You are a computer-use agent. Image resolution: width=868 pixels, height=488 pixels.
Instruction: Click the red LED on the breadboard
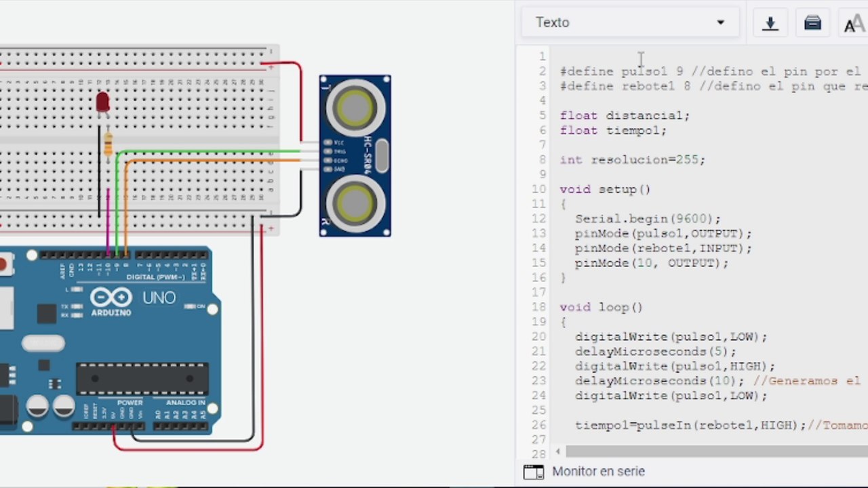click(x=102, y=102)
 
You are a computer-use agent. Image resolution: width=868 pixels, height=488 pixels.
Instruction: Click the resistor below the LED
click(x=108, y=144)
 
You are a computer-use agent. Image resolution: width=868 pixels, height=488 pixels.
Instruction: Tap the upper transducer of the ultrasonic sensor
click(x=355, y=107)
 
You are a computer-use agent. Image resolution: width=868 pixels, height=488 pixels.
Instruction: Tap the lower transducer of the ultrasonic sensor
click(x=355, y=201)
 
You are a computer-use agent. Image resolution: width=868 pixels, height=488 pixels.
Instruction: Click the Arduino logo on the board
click(x=111, y=299)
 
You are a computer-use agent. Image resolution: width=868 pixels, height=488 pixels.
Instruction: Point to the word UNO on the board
click(x=159, y=298)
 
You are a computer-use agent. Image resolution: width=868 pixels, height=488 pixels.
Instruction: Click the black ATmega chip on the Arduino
click(x=142, y=378)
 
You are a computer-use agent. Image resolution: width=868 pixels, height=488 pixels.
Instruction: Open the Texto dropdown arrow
click(x=720, y=22)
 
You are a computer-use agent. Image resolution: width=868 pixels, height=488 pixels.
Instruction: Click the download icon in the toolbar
click(x=770, y=23)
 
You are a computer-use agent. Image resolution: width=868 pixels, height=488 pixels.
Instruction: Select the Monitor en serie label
click(x=598, y=471)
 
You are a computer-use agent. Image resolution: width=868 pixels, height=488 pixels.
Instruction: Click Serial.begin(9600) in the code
click(x=648, y=219)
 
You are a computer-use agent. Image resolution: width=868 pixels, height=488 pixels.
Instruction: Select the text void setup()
click(x=605, y=189)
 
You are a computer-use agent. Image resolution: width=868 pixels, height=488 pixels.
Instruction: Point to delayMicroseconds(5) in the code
click(x=655, y=351)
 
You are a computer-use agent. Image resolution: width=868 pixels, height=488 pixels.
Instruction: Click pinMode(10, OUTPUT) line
click(x=651, y=263)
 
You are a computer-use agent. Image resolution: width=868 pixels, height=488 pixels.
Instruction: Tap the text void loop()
click(x=601, y=307)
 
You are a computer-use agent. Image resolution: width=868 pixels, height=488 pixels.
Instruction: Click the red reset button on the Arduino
click(x=4, y=264)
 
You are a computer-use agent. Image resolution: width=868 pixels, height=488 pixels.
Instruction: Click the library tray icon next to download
click(x=812, y=23)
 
